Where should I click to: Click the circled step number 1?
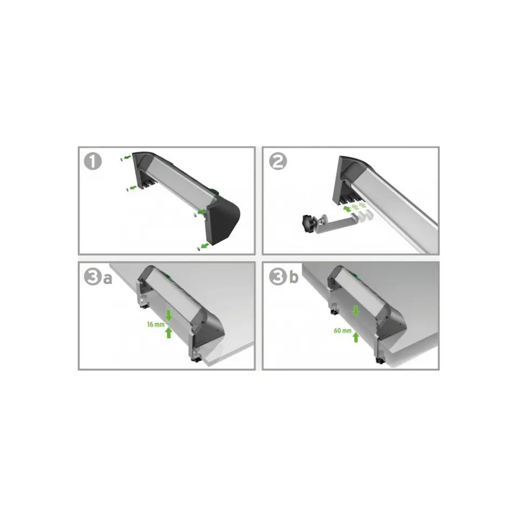tap(93, 161)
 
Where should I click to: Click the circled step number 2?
tap(278, 161)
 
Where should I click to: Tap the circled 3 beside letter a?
tap(93, 277)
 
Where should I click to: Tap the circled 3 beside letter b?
tap(278, 277)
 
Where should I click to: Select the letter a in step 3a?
tap(108, 279)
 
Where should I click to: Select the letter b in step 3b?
tap(294, 277)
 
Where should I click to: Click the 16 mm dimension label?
tap(156, 324)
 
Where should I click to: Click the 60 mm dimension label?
tap(343, 330)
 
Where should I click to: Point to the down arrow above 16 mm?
tap(169, 315)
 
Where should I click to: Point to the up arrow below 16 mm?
tap(169, 332)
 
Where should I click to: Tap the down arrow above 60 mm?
tap(355, 311)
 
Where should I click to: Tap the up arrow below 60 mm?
tap(355, 337)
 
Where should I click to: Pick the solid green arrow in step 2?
tap(347, 209)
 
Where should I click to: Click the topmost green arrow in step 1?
tap(127, 157)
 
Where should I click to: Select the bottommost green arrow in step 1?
tap(205, 246)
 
